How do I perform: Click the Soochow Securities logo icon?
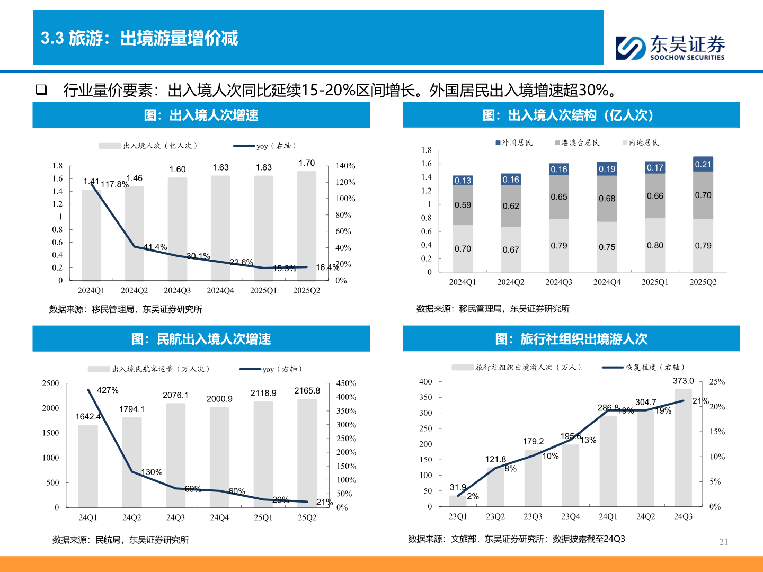631,48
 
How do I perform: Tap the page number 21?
724,542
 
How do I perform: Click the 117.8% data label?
114,184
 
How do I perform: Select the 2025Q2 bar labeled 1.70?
307,225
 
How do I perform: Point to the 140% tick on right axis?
345,166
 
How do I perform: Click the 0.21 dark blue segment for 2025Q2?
703,164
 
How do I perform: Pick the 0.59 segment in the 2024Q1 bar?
463,205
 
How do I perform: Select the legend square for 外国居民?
498,143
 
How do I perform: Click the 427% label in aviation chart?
108,390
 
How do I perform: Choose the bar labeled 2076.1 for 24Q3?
175,455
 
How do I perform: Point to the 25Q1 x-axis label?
263,517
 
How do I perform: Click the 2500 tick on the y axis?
51,383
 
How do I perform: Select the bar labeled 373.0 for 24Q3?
683,448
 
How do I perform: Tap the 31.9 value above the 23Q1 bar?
458,487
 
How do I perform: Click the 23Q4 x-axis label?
571,516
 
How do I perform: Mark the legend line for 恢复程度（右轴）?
613,367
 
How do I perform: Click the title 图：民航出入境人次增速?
201,339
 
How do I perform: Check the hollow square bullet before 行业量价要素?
41,90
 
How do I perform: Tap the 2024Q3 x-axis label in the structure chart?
558,282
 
